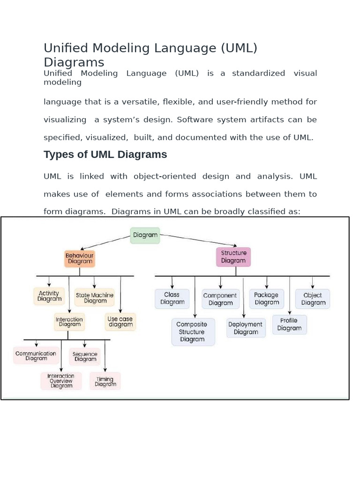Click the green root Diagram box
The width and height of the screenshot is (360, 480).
145,235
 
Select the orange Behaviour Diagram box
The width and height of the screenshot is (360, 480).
80,258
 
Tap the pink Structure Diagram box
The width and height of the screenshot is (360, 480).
233,257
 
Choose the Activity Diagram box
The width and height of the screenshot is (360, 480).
49,296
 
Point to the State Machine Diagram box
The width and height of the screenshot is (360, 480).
95,298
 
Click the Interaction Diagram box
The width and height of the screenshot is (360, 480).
69,322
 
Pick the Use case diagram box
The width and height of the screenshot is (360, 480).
120,322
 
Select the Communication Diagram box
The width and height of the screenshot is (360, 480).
36,356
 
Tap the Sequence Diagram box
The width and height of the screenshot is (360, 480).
85,357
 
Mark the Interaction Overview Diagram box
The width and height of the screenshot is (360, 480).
61,381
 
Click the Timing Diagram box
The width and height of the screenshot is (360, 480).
105,382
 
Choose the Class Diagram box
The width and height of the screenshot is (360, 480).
172,299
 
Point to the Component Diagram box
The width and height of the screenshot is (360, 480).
220,299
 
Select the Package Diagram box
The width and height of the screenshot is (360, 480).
266,299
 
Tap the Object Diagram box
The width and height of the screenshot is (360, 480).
313,299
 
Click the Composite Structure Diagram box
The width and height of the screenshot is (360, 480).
193,332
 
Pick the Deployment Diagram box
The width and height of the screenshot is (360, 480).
246,328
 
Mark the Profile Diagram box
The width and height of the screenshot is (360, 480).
289,324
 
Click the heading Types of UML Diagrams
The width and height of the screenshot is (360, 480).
105,154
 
